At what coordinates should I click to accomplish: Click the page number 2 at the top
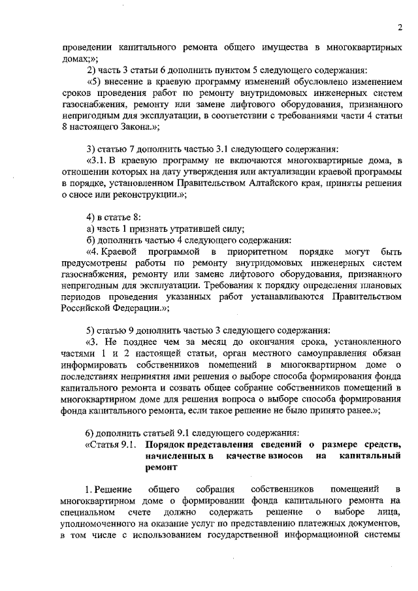coord(398,27)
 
